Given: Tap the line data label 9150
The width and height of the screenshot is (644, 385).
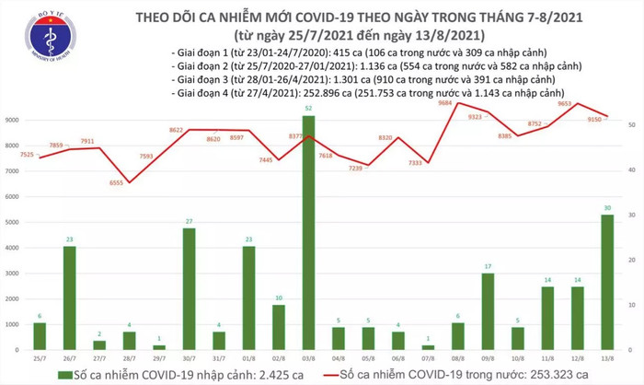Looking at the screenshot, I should point(589,119).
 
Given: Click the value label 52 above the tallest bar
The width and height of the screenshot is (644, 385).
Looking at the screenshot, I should point(307,109).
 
